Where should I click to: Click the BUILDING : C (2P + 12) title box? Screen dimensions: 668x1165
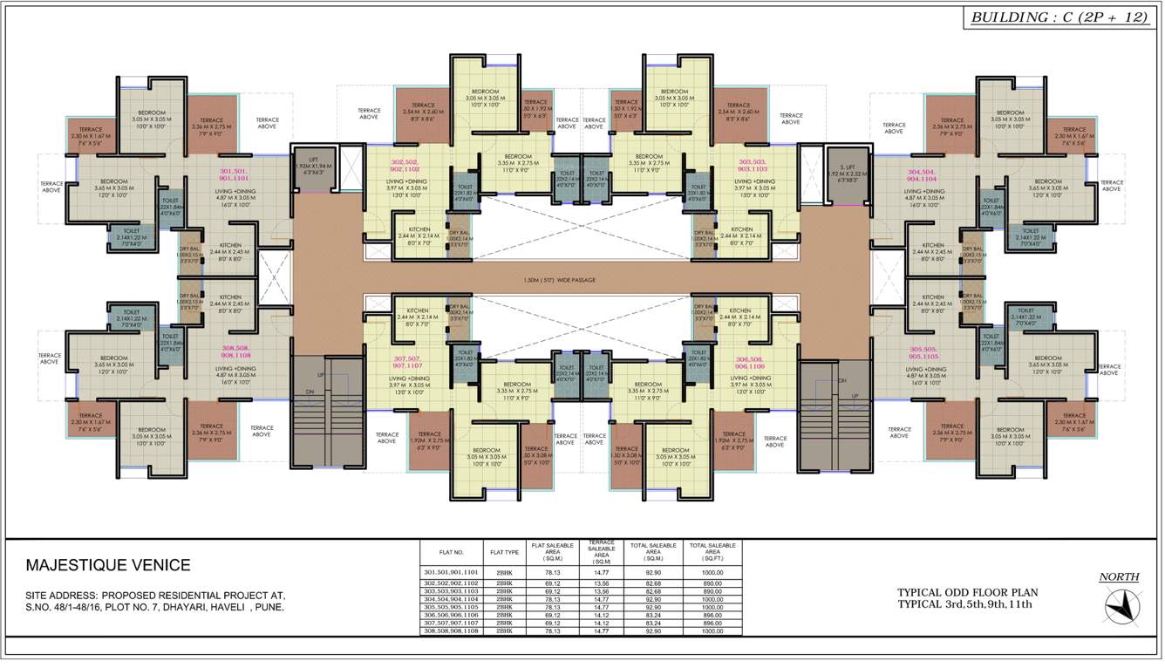click(1059, 17)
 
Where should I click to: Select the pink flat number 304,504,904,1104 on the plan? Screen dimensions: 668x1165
click(928, 174)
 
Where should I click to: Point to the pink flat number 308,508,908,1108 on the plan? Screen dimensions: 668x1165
click(235, 351)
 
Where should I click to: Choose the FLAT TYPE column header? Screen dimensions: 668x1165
click(505, 552)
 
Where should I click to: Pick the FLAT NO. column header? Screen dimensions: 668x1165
click(453, 552)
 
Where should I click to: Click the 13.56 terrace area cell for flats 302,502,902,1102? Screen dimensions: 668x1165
click(601, 582)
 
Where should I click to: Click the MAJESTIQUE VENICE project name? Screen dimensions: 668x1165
click(108, 566)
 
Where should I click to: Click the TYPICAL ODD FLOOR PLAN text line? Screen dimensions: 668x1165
click(964, 592)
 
